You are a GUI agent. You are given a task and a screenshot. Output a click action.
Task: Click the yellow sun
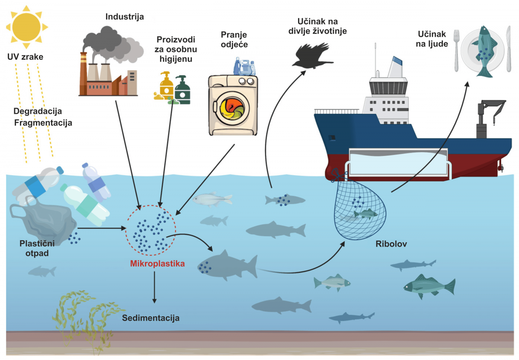click(27, 27)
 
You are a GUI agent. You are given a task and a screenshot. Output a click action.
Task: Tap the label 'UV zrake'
click(25, 57)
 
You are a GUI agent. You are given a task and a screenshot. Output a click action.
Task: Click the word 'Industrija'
click(125, 17)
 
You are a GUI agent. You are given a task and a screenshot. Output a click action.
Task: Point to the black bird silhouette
click(312, 56)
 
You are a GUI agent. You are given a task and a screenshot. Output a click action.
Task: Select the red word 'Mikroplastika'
click(157, 264)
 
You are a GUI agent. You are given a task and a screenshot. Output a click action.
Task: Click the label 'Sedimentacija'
click(151, 318)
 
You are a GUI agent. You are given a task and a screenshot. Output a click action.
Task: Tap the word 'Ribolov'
click(391, 244)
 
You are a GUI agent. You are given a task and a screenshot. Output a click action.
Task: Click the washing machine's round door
click(232, 108)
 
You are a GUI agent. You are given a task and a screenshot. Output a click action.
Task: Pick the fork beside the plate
click(456, 50)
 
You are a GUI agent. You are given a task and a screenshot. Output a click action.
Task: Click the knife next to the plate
click(509, 49)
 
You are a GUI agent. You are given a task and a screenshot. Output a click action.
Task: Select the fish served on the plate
click(485, 51)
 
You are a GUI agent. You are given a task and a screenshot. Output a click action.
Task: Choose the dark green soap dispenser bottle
click(183, 90)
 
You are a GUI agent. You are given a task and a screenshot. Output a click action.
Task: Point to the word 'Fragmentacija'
click(43, 122)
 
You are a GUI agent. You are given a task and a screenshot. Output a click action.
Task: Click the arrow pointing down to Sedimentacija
click(154, 287)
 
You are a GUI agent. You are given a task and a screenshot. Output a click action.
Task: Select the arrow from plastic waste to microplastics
click(102, 228)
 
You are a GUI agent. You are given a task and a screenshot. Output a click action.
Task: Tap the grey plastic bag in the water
click(43, 220)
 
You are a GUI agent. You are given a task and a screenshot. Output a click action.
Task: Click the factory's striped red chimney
click(83, 74)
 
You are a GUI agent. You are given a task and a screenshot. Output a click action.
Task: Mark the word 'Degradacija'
click(38, 111)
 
